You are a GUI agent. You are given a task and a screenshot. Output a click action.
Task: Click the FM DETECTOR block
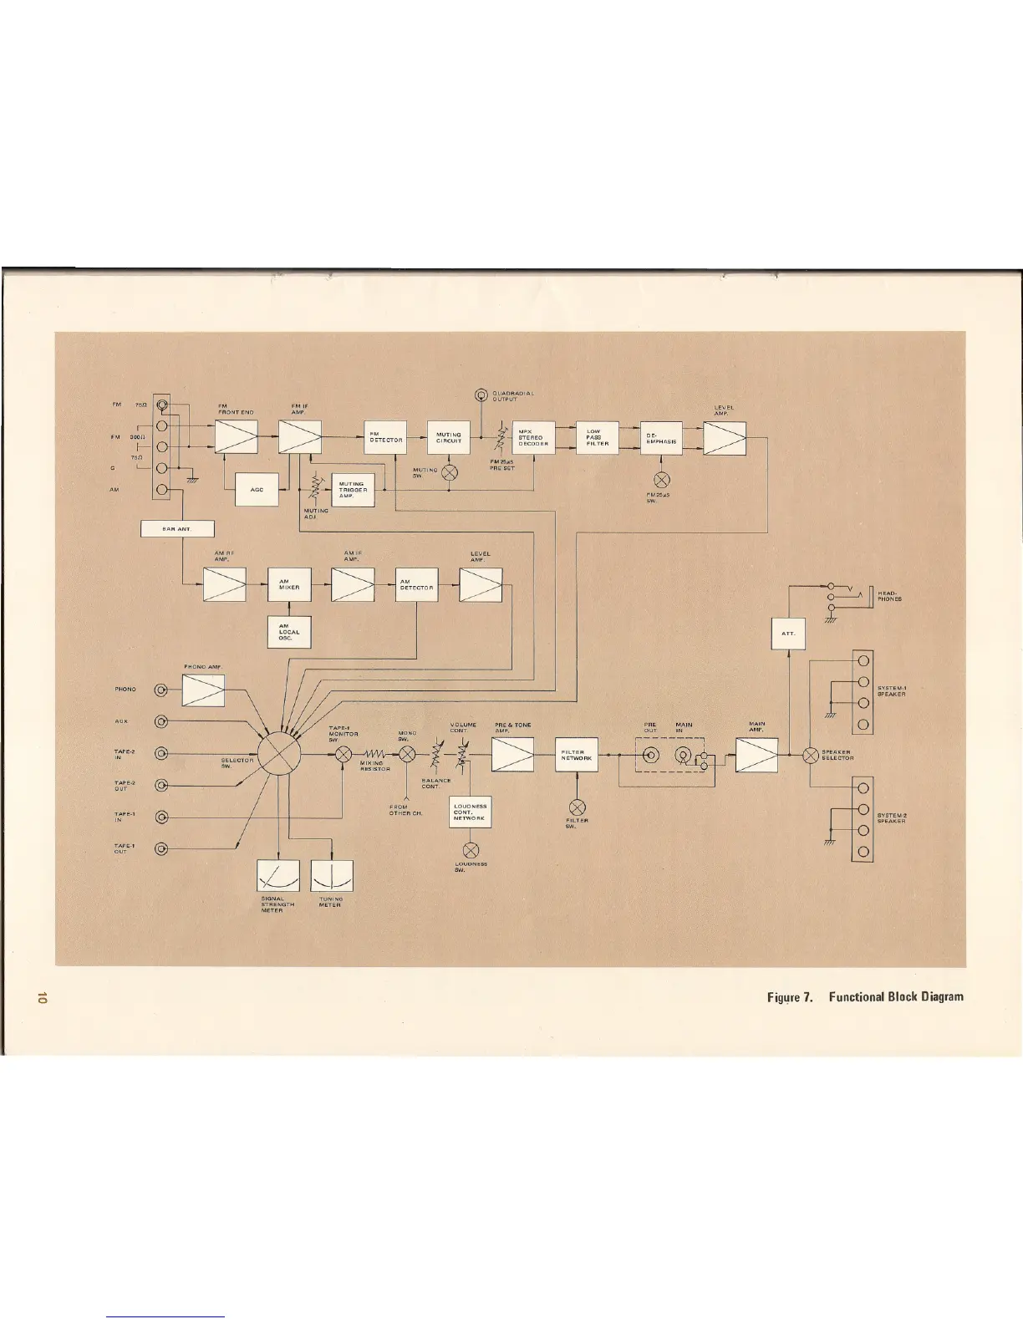point(385,437)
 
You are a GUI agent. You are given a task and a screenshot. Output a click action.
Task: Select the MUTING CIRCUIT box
point(449,437)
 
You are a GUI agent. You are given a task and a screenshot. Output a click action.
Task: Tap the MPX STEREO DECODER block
point(533,437)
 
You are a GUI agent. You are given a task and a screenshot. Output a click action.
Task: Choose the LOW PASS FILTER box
point(597,437)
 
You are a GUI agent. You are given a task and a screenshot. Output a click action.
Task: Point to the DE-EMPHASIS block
point(660,437)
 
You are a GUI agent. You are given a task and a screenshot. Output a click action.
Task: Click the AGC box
point(257,489)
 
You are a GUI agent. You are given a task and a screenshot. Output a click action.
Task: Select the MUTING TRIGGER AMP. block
point(353,489)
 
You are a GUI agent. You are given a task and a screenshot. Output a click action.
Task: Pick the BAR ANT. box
point(177,528)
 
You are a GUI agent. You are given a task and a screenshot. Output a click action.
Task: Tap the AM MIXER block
point(289,585)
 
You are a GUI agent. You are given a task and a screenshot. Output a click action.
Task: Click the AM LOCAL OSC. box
point(289,631)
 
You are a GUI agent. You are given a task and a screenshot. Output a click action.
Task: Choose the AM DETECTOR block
point(416,585)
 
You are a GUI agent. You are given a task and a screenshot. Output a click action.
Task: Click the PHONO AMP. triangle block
point(203,690)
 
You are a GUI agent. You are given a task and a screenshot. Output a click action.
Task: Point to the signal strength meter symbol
point(278,876)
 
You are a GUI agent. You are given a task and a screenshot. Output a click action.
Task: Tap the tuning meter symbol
point(332,876)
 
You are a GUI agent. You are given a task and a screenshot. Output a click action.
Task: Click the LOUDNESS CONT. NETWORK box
point(471,812)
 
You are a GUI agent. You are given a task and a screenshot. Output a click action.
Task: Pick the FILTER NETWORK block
point(577,756)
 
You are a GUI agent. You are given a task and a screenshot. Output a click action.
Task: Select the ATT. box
point(788,634)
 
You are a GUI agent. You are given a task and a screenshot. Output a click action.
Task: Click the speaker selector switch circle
point(810,756)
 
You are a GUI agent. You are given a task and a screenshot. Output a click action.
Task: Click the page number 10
point(41,998)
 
